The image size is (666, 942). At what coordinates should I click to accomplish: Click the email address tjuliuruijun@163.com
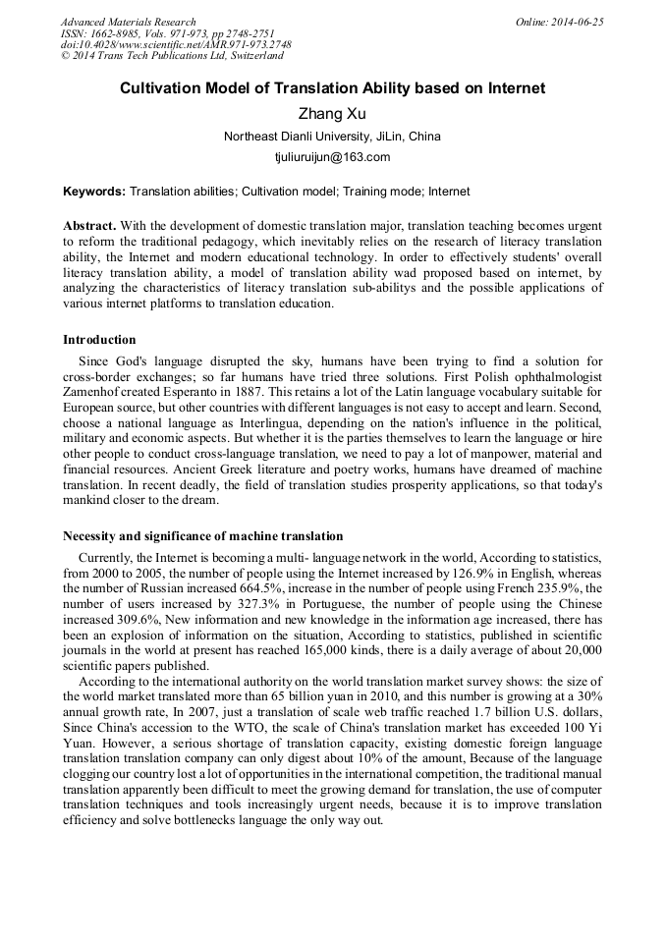(333, 156)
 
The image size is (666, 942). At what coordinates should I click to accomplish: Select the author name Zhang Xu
(333, 113)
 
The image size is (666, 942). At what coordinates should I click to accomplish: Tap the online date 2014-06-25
(579, 22)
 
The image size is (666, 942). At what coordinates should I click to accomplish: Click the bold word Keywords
(93, 192)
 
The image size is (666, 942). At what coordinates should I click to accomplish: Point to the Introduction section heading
(99, 340)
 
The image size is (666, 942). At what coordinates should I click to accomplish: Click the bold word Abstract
(89, 225)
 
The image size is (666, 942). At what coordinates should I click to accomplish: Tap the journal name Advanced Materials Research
(128, 22)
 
